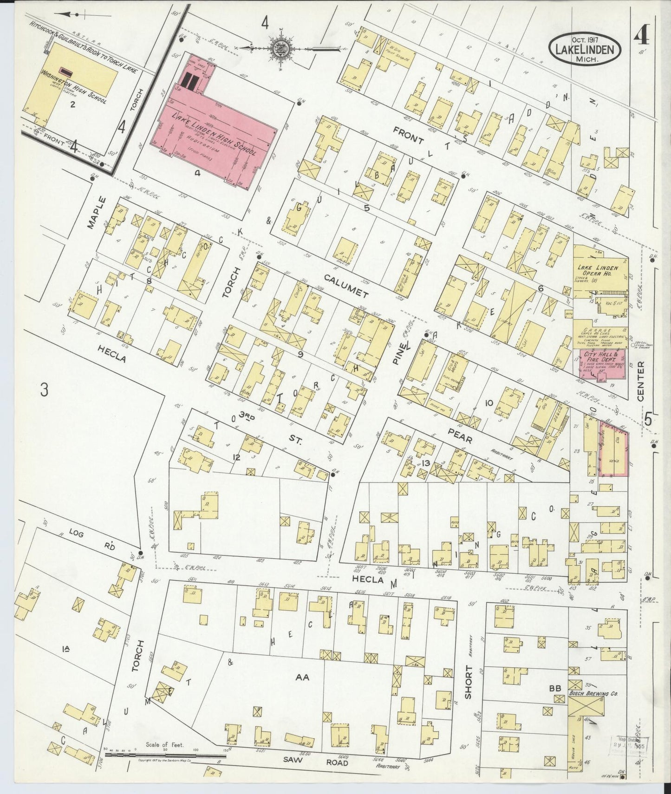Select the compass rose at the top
point(281,48)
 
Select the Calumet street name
point(346,286)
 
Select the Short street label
point(468,683)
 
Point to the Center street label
point(641,382)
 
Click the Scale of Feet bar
point(165,755)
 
